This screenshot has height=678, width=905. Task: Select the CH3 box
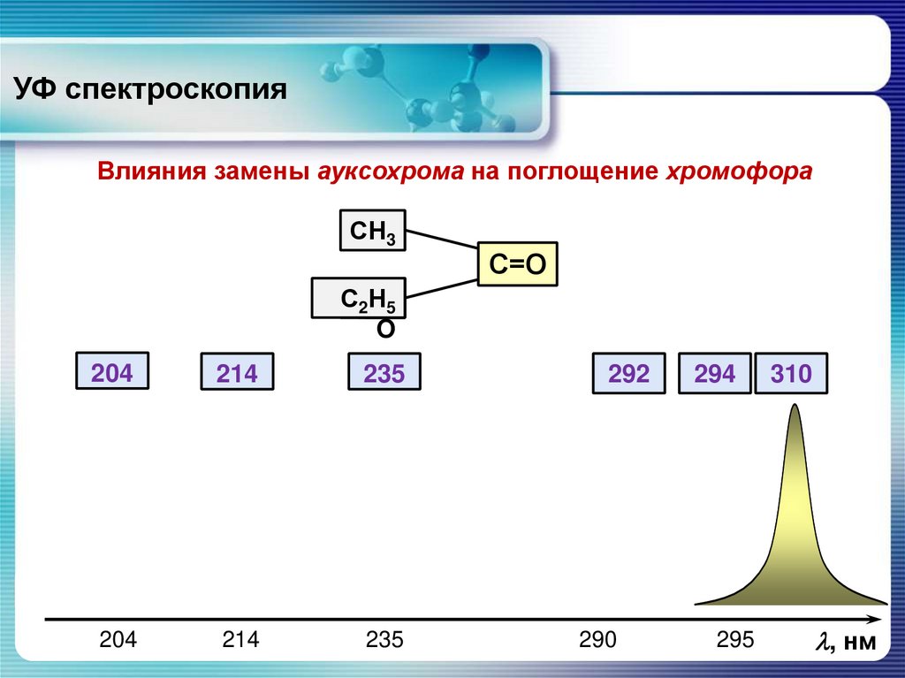(372, 231)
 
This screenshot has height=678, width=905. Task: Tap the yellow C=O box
(518, 263)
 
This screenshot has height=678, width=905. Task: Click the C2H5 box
(359, 298)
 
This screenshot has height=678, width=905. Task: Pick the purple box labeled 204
(112, 372)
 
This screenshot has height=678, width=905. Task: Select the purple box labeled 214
(237, 374)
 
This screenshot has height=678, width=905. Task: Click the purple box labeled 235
(384, 374)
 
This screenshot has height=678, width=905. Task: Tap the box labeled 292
(628, 374)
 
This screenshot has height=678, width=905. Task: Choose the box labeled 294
(714, 374)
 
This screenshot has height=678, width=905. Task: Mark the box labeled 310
(791, 374)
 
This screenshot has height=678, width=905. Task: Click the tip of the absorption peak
(795, 407)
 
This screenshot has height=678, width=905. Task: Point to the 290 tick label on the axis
(597, 640)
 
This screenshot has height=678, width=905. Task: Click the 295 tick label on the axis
(736, 640)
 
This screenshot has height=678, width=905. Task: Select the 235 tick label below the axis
(384, 640)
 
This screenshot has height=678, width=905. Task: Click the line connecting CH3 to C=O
(442, 241)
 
